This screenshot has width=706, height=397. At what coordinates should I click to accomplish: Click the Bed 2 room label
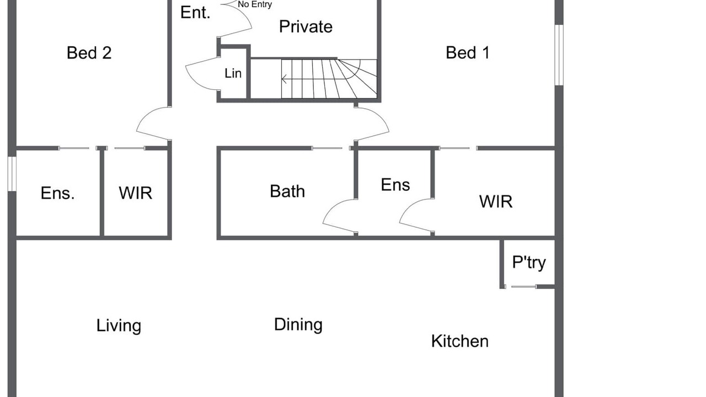pos(89,53)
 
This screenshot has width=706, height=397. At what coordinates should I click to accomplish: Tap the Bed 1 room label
pos(467,53)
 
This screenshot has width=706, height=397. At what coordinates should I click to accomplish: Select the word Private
pos(306,26)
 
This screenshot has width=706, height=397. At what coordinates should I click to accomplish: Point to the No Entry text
pos(255,4)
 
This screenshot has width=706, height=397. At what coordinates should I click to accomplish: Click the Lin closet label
pos(233,73)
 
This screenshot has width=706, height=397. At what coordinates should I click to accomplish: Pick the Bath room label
pos(287,191)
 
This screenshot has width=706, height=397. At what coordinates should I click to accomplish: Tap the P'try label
pos(528,262)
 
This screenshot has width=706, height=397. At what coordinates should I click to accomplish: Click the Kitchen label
pos(459,341)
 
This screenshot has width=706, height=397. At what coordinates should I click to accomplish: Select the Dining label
pos(298,325)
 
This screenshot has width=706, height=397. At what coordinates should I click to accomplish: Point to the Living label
pos(119,326)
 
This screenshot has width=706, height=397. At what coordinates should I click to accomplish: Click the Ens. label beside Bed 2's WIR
pos(57,193)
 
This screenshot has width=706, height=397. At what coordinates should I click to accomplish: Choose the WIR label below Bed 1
pos(495,202)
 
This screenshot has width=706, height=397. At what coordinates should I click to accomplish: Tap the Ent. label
pos(195,13)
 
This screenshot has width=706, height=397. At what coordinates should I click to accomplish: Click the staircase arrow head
pos(284,79)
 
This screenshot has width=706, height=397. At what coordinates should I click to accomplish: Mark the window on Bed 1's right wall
pos(559,55)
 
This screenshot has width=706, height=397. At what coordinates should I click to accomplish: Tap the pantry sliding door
pos(523,287)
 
